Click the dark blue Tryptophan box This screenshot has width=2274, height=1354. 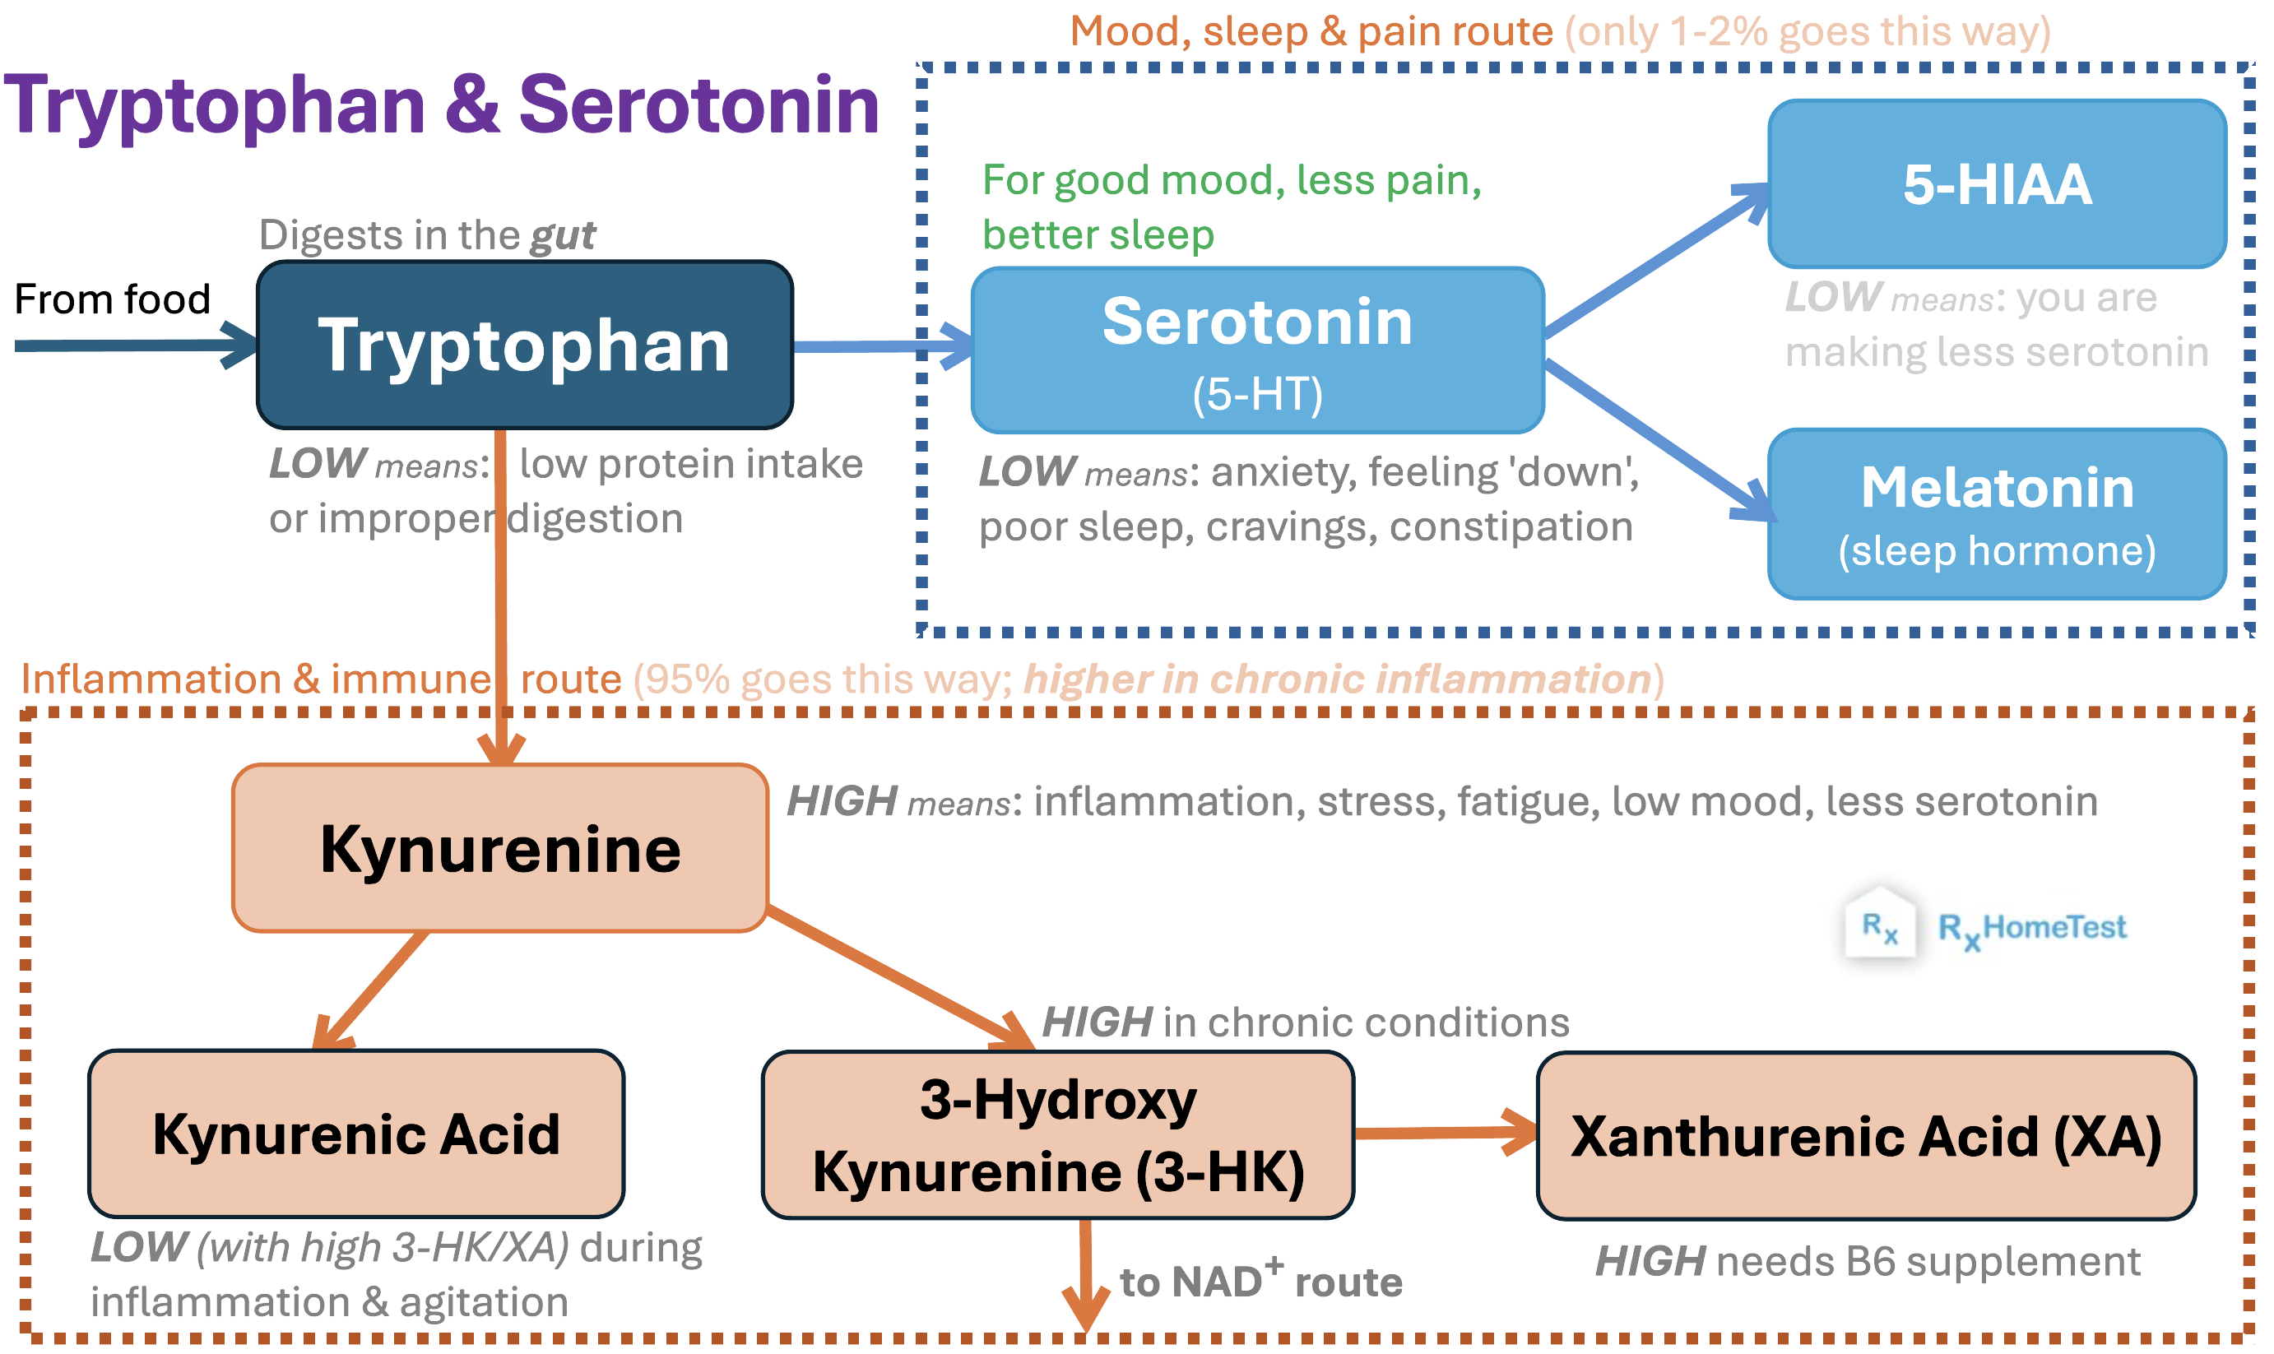point(525,345)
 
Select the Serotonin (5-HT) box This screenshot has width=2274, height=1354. point(1257,350)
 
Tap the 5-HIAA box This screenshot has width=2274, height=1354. point(1997,183)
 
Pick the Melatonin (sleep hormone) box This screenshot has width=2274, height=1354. point(1997,513)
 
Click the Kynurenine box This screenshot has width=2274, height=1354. point(500,847)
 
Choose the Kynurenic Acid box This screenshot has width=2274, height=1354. point(356,1134)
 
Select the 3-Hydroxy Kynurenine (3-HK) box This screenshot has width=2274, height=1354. point(1058,1134)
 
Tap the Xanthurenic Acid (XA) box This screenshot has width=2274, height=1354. point(1866,1136)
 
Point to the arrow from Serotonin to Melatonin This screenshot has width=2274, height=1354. point(1656,438)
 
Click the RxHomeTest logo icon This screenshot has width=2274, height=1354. point(1880,925)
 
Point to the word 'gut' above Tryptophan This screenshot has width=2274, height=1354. point(563,234)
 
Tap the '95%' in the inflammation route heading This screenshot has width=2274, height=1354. point(685,679)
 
